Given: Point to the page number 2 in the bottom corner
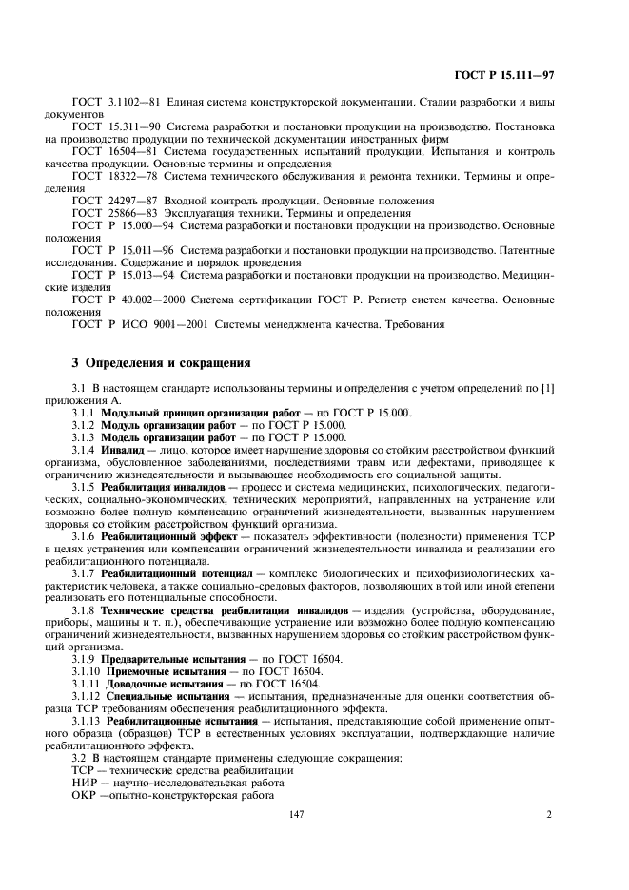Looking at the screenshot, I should point(549,813).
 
